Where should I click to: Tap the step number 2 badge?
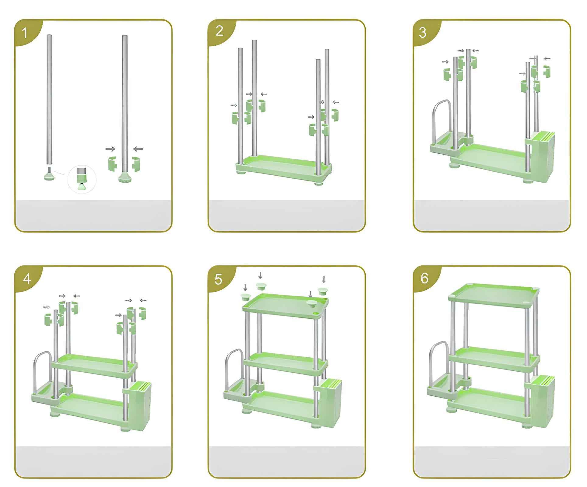pos(219,31)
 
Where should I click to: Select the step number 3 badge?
pos(423,33)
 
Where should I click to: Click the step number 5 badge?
pos(218,279)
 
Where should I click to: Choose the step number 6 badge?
pos(424,278)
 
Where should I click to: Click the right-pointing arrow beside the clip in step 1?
pos(110,149)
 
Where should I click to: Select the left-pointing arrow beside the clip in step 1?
pos(138,149)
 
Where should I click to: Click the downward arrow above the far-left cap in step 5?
pos(245,287)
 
